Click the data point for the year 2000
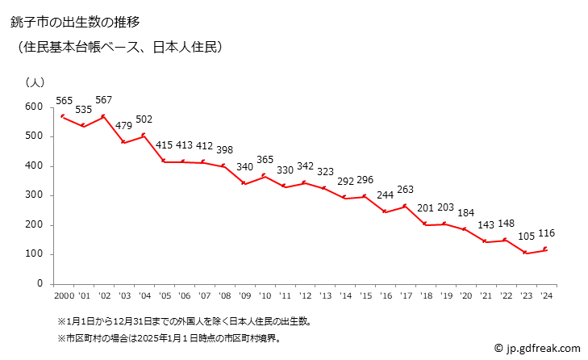(x=62, y=117)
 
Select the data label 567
(x=103, y=100)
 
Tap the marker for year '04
(x=144, y=136)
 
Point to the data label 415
(x=165, y=145)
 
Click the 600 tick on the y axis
(x=33, y=107)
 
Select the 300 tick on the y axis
(x=33, y=195)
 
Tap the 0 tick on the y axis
(x=39, y=284)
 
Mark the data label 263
(x=405, y=190)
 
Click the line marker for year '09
(x=244, y=183)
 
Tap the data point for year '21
(x=485, y=241)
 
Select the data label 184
(x=465, y=213)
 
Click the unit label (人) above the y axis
(x=35, y=82)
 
